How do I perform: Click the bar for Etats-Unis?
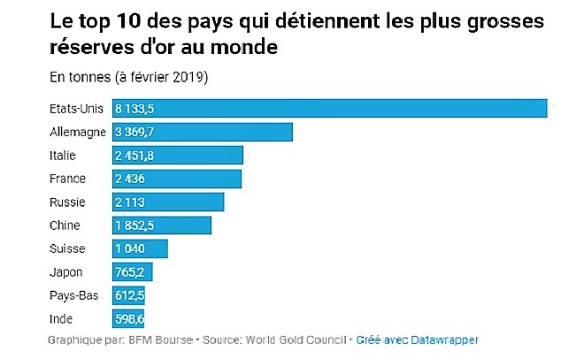(329, 109)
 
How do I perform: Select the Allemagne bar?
(202, 133)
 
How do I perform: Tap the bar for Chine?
(162, 226)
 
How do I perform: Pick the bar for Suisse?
(140, 249)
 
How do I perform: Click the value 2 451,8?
(134, 156)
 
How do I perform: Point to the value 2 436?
(130, 179)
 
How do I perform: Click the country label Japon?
(67, 272)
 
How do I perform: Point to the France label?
(68, 179)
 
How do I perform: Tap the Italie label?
(64, 156)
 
